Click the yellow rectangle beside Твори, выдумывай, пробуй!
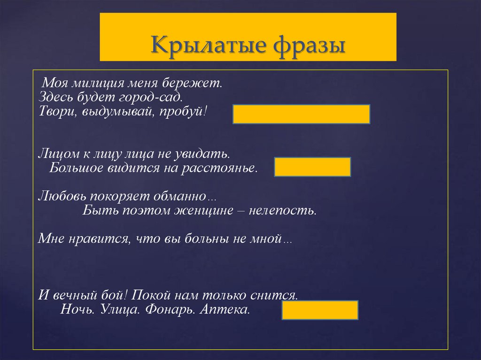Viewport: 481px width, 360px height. [301, 114]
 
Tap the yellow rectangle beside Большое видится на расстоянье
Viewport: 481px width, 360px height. [312, 167]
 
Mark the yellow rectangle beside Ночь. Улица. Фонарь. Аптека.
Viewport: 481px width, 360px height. [320, 310]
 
